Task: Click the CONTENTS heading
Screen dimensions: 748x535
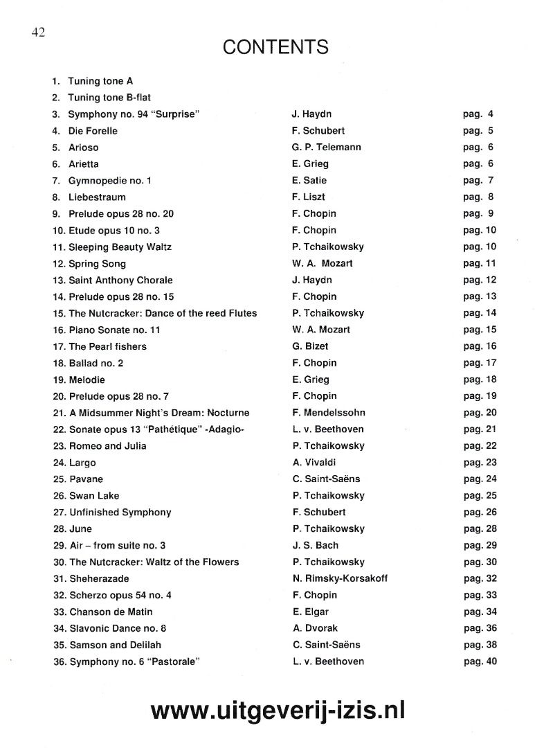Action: coord(275,47)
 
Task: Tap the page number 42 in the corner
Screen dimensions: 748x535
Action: coord(37,33)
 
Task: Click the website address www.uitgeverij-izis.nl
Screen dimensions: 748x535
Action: coord(278,710)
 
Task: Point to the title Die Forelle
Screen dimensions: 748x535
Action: coord(93,131)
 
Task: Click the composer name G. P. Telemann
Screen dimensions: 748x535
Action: coord(327,148)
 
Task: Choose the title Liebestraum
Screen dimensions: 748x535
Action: coord(97,197)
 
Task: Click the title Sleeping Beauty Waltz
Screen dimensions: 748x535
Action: coord(120,247)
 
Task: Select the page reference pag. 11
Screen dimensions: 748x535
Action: coord(480,264)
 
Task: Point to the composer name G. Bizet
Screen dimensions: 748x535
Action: coord(311,346)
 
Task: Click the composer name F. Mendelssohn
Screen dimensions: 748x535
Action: coord(329,413)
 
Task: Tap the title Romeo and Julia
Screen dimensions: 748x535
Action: coord(107,446)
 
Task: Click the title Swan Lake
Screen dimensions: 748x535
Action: coord(94,496)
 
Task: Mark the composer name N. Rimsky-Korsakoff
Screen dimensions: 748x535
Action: coord(340,579)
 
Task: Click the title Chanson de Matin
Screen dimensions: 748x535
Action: coord(111,612)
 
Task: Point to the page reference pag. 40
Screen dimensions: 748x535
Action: coord(480,661)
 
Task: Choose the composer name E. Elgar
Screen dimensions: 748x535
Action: coord(311,612)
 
